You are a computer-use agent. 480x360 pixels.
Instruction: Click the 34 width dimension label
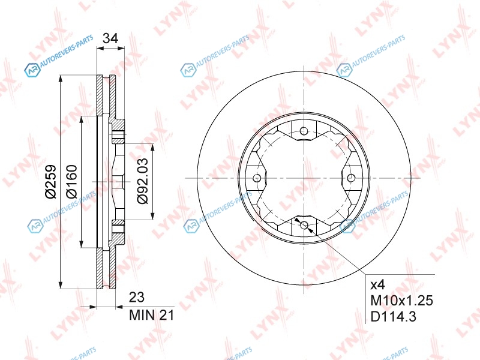pyautogui.click(x=110, y=38)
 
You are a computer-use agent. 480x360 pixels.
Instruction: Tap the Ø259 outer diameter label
pyautogui.click(x=51, y=182)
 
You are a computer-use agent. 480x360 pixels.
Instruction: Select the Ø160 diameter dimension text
pyautogui.click(x=71, y=181)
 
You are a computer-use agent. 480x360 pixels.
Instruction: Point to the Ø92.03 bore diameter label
pyautogui.click(x=142, y=181)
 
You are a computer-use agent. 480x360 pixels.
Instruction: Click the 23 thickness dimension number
pyautogui.click(x=137, y=297)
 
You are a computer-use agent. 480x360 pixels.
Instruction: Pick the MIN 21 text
pyautogui.click(x=152, y=315)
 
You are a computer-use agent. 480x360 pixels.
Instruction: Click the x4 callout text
pyautogui.click(x=377, y=286)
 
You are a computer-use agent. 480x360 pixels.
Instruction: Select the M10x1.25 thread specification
pyautogui.click(x=401, y=301)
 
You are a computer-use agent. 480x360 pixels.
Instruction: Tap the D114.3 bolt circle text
pyautogui.click(x=394, y=317)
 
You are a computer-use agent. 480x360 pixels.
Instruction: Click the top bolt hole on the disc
pyautogui.click(x=304, y=131)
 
